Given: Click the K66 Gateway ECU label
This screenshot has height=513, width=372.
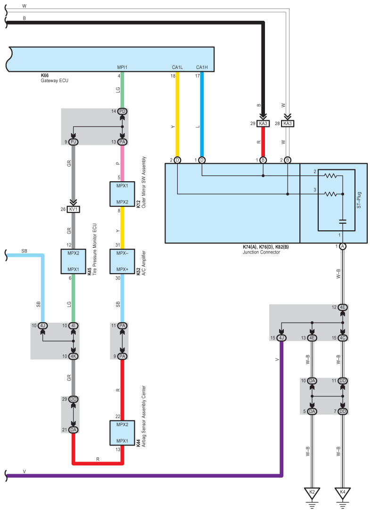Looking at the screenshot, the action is click(x=54, y=78).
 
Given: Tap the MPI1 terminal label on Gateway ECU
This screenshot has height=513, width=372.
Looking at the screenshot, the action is click(x=122, y=67).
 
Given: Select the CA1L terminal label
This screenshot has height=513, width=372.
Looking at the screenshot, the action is click(x=177, y=67).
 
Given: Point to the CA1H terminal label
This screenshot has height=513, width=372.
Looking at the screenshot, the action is click(x=202, y=67).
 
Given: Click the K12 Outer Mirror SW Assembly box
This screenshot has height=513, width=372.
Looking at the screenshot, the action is click(x=122, y=194).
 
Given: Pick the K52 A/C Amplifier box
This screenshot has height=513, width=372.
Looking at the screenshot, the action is click(x=122, y=261).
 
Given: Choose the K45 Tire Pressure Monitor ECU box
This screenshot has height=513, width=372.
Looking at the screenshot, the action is click(x=73, y=261).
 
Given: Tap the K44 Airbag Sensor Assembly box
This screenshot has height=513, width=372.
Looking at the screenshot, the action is click(x=122, y=433).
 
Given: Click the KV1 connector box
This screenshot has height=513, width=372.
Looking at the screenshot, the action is click(x=73, y=209).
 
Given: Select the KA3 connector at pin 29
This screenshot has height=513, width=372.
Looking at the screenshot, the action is click(x=263, y=123).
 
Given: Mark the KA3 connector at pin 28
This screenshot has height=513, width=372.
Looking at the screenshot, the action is click(x=287, y=123).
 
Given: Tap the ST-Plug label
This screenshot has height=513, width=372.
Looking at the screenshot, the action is click(x=359, y=200).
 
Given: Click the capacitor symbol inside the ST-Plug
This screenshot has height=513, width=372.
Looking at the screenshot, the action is click(x=343, y=221).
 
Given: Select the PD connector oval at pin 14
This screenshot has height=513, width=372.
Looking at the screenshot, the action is click(x=122, y=111).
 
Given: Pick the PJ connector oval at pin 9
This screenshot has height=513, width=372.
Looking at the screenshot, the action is click(x=73, y=142).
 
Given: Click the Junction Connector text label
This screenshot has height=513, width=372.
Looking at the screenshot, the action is click(x=261, y=252).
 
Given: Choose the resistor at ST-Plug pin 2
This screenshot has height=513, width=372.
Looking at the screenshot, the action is click(x=331, y=176).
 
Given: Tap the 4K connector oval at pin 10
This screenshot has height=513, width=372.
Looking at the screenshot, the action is click(x=73, y=356).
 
